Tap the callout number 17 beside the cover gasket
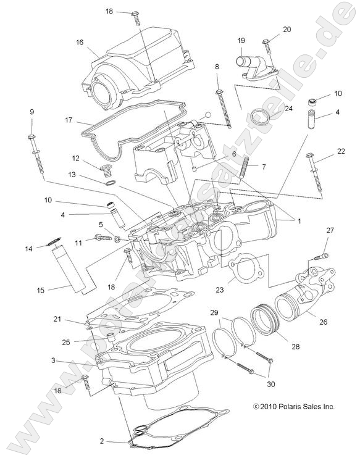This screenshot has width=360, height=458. [x=69, y=120]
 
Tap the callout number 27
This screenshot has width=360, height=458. [x=330, y=230]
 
